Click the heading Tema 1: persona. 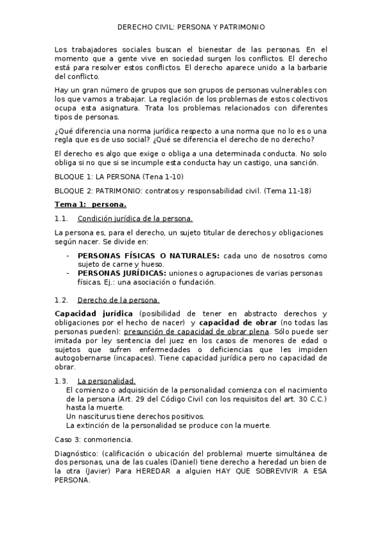pos(91,205)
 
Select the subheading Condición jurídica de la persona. pos(130,219)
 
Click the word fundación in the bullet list pos(196,282)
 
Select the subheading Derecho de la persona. pos(118,300)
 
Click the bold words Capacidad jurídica pos(94,314)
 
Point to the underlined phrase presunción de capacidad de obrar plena pos(196,332)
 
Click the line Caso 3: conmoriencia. pos(94,440)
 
